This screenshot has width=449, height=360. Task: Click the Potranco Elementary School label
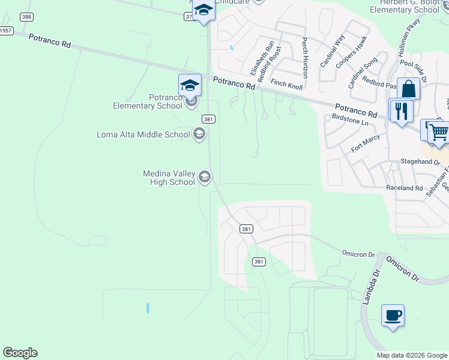148,102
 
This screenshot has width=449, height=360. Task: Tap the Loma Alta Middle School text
143,134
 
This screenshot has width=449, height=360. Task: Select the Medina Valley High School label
169,178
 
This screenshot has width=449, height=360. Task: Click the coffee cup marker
393,315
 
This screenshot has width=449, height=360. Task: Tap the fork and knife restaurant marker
400,110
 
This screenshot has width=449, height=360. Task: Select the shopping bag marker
409,89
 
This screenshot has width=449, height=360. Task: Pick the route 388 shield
26,17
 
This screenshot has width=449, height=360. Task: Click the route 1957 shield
5,30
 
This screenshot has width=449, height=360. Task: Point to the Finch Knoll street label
286,85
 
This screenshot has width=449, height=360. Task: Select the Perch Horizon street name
305,58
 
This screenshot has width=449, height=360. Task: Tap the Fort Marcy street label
365,143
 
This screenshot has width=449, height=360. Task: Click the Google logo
20,353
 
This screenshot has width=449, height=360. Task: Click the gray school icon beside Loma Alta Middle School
199,134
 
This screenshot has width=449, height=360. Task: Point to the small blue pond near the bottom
147,308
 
